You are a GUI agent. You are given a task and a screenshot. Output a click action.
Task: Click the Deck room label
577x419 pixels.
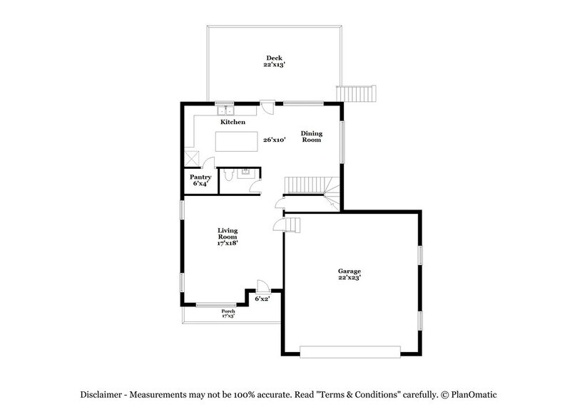pyautogui.click(x=275, y=58)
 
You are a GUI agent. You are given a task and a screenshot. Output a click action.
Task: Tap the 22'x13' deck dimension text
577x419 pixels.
pyautogui.click(x=275, y=65)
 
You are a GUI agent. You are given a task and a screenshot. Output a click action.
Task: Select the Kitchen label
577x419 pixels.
pyautogui.click(x=233, y=123)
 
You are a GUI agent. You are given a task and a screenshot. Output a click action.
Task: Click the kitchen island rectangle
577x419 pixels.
pyautogui.click(x=237, y=142)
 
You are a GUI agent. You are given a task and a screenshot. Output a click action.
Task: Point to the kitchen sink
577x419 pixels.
pyautogui.click(x=227, y=110)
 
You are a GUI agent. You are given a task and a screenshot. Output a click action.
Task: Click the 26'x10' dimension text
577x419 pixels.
pyautogui.click(x=275, y=140)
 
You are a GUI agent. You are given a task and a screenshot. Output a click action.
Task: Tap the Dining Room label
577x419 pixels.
pyautogui.click(x=311, y=137)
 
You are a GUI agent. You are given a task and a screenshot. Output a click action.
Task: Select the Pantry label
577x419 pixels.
pyautogui.click(x=199, y=177)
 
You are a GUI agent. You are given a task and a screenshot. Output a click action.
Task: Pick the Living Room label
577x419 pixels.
pyautogui.click(x=228, y=234)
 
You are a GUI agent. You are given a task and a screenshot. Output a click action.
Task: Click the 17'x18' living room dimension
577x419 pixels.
pyautogui.click(x=228, y=244)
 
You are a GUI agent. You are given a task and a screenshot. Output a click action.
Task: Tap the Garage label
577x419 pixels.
pyautogui.click(x=349, y=271)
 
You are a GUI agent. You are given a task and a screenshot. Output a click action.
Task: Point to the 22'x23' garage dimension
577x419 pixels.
pyautogui.click(x=349, y=278)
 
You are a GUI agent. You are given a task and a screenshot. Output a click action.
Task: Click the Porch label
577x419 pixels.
pyautogui.click(x=228, y=311)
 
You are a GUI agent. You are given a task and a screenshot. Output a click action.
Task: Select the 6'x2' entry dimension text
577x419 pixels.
pyautogui.click(x=263, y=299)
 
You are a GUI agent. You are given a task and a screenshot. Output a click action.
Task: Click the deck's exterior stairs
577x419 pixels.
pyautogui.click(x=356, y=94)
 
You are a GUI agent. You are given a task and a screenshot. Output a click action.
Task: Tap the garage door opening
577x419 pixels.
pyautogui.click(x=350, y=351)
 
